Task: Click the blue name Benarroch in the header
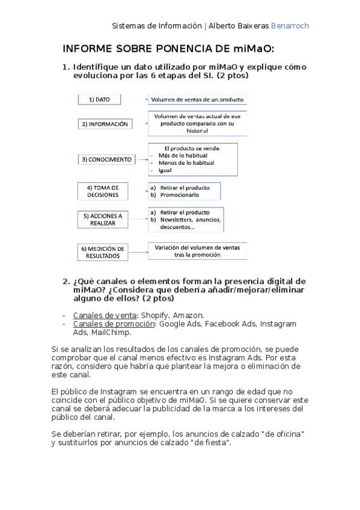click(290, 26)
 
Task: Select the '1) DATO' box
click(99, 100)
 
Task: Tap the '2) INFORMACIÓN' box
click(105, 123)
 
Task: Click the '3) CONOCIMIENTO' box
click(106, 160)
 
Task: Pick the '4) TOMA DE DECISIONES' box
click(106, 191)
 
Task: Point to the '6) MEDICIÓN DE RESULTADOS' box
click(103, 252)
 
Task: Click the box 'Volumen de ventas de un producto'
click(197, 100)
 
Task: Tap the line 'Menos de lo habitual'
click(186, 162)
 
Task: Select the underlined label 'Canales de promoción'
click(114, 324)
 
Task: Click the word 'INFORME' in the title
click(90, 49)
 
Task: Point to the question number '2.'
click(67, 281)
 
